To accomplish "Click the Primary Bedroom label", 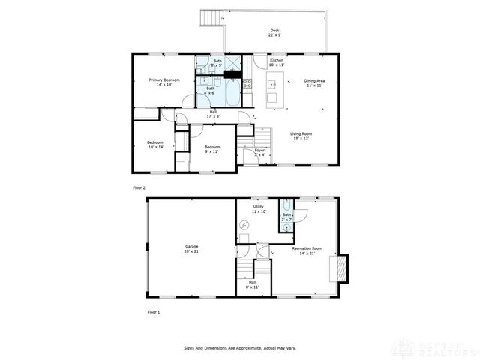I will (x=160, y=79).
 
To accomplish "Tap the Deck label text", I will (x=275, y=31).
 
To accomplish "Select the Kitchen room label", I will (x=277, y=60).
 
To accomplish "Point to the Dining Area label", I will (x=314, y=80).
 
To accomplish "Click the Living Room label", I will (x=301, y=134).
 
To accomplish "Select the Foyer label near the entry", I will (x=259, y=150).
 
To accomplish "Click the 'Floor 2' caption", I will (x=139, y=187).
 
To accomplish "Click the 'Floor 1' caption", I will (x=153, y=311).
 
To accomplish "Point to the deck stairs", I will (x=211, y=18).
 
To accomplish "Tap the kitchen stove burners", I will (x=248, y=85).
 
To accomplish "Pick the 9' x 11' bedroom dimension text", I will (x=212, y=151).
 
